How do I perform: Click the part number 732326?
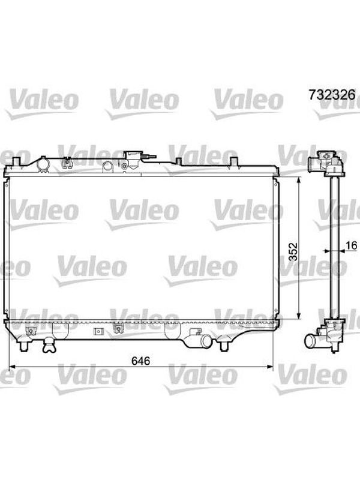(332, 95)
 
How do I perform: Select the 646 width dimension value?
(140, 361)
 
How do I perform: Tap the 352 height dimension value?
(293, 251)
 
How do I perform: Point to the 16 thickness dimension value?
(352, 245)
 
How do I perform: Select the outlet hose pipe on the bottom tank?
(203, 340)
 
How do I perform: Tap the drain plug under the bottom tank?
(49, 346)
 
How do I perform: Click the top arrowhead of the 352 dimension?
(299, 180)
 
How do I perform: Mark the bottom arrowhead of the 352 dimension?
(299, 316)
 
